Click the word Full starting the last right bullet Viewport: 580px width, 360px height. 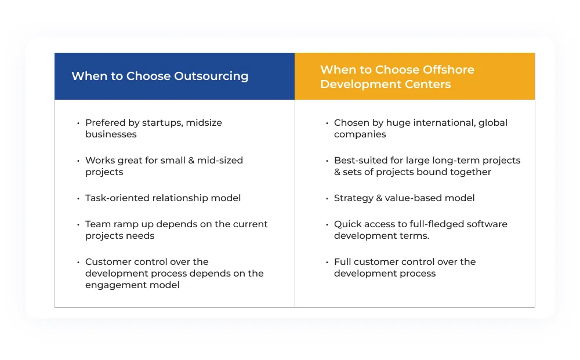point(343,262)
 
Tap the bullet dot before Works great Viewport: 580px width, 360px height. point(78,161)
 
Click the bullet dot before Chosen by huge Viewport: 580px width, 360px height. point(327,123)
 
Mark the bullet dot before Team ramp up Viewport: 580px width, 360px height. point(78,224)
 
